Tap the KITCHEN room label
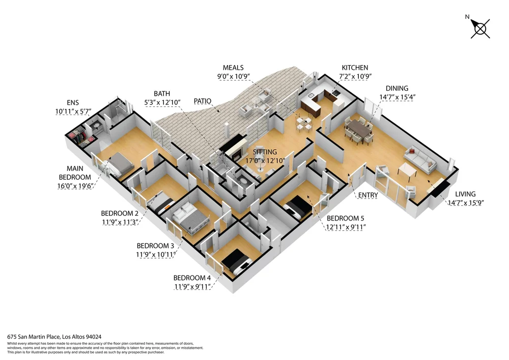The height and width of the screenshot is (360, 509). pos(355,68)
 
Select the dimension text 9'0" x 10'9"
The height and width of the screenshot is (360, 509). pos(234,76)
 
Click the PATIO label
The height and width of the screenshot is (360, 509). pos(203,101)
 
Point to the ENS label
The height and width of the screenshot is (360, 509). pos(73,102)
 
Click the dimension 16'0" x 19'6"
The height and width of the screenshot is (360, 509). pos(75,186)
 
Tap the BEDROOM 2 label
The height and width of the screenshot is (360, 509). pos(120,213)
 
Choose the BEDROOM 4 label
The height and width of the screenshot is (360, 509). pos(192,278)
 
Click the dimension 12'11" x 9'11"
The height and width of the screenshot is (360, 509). pos(346,227)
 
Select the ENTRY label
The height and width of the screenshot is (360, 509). pos(368,195)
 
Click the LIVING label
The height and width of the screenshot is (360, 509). pos(465,194)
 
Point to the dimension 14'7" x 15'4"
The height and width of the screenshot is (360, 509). pos(398,97)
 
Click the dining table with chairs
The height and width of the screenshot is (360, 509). pos(359,130)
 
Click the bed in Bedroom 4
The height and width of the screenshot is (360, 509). pos(236,263)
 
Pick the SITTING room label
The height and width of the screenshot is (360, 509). pos(265,152)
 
